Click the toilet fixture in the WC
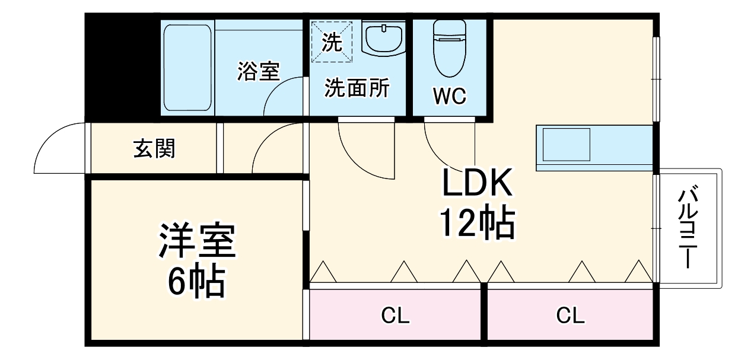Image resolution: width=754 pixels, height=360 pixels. [x=450, y=49]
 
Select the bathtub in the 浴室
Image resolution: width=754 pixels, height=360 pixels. [x=187, y=67]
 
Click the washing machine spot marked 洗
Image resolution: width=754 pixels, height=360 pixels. [x=332, y=41]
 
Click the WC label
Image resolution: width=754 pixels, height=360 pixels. [x=449, y=97]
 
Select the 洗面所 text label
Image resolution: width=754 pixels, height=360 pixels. [x=357, y=88]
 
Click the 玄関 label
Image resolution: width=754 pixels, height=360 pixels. [x=154, y=149]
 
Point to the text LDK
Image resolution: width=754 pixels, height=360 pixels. [x=476, y=185]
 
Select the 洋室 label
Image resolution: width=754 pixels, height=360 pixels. [x=197, y=241]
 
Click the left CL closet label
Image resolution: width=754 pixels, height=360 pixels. [x=395, y=316]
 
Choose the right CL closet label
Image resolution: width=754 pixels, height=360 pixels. [x=571, y=316]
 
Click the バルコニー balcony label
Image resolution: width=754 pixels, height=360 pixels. [x=688, y=227]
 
